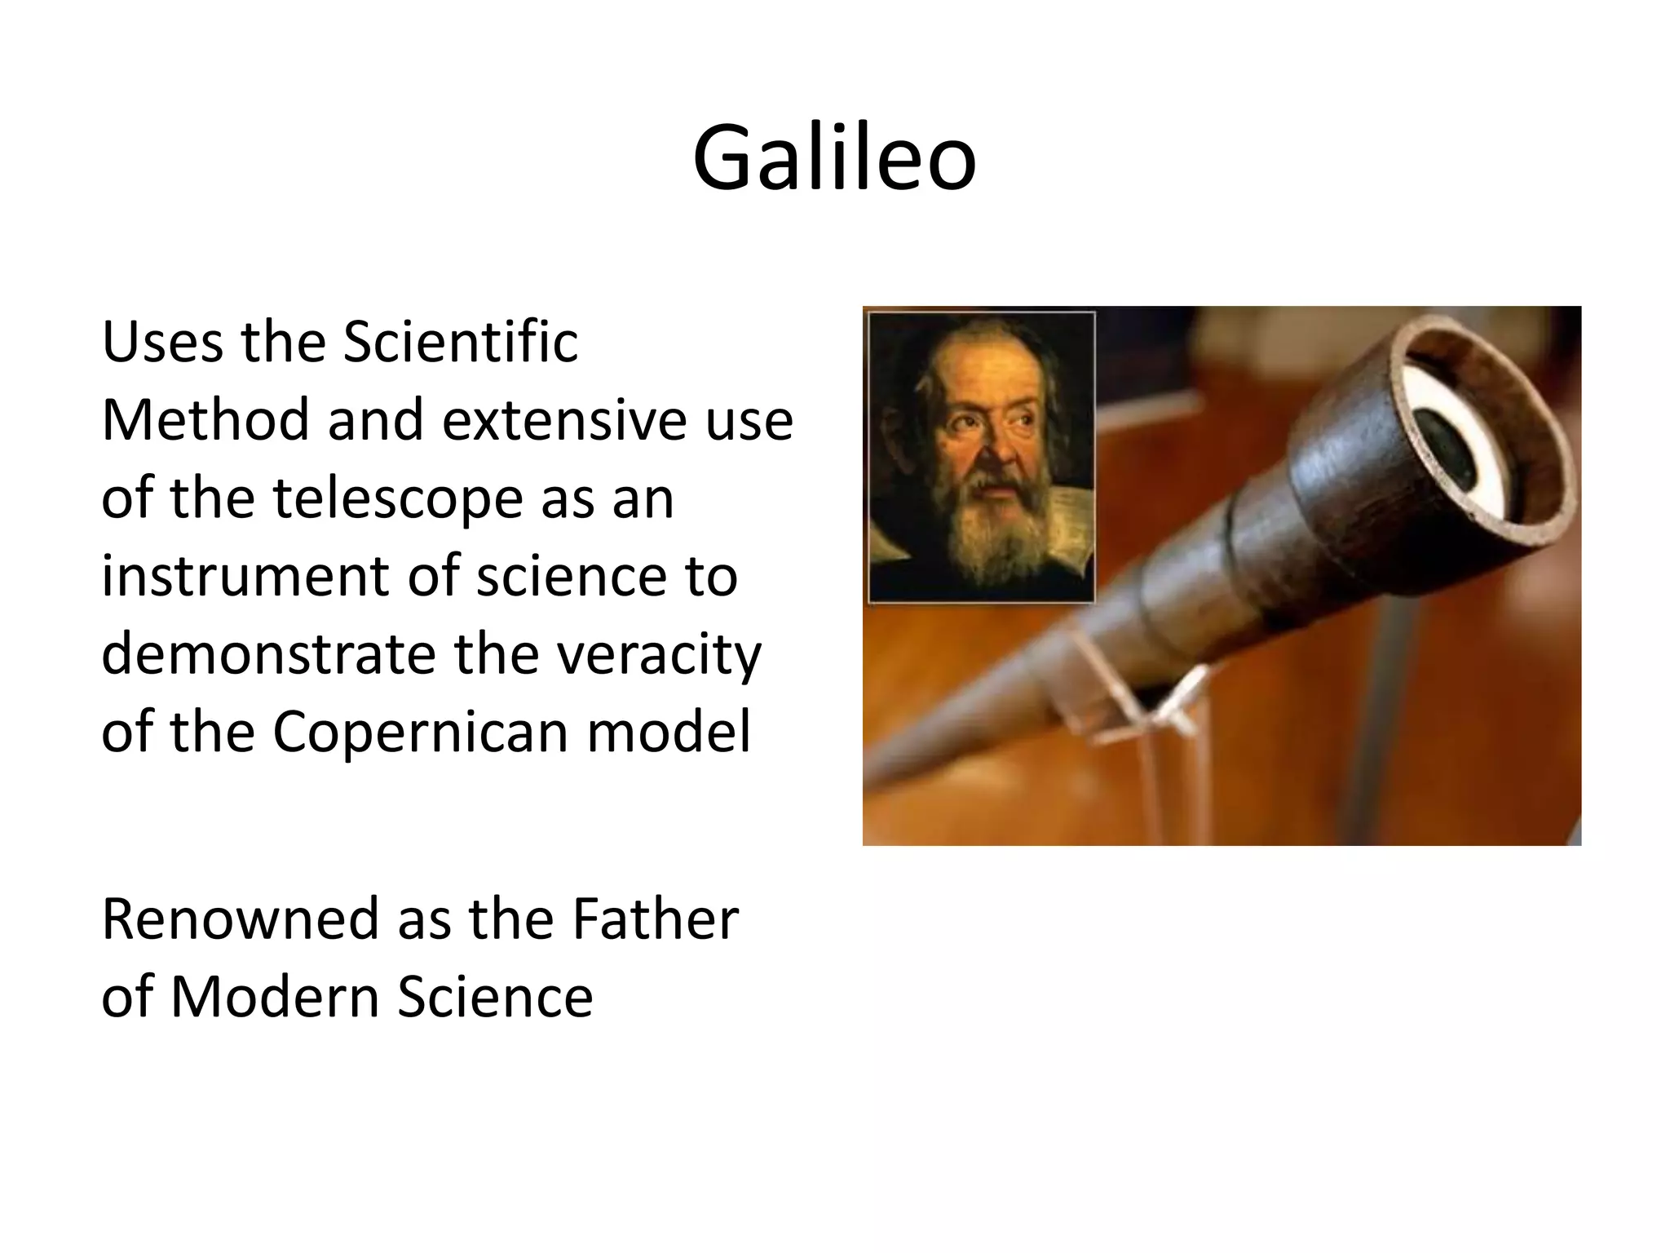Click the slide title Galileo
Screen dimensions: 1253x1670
(834, 157)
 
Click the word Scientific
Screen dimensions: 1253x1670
(461, 341)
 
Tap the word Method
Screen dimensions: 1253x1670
(205, 419)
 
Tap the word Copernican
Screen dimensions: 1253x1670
(421, 733)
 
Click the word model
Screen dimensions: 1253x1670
(669, 731)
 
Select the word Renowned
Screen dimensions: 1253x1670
(241, 919)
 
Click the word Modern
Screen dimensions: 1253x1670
(274, 997)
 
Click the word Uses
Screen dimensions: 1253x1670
(161, 341)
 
